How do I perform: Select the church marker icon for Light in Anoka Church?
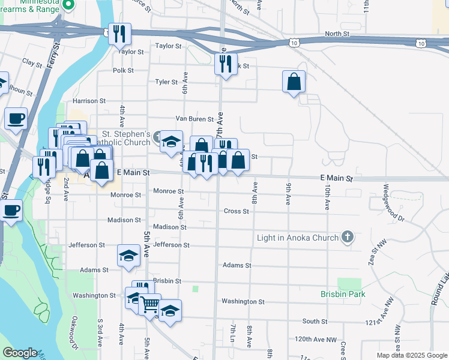point(347,237)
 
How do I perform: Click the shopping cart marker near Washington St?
point(149,304)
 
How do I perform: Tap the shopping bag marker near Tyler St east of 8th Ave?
point(294,82)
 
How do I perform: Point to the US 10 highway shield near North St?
point(293,43)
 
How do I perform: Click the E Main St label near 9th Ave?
point(336,179)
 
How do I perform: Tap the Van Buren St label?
point(194,119)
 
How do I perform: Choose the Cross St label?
point(236,211)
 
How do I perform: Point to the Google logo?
point(20,353)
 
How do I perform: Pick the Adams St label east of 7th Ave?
point(236,265)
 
